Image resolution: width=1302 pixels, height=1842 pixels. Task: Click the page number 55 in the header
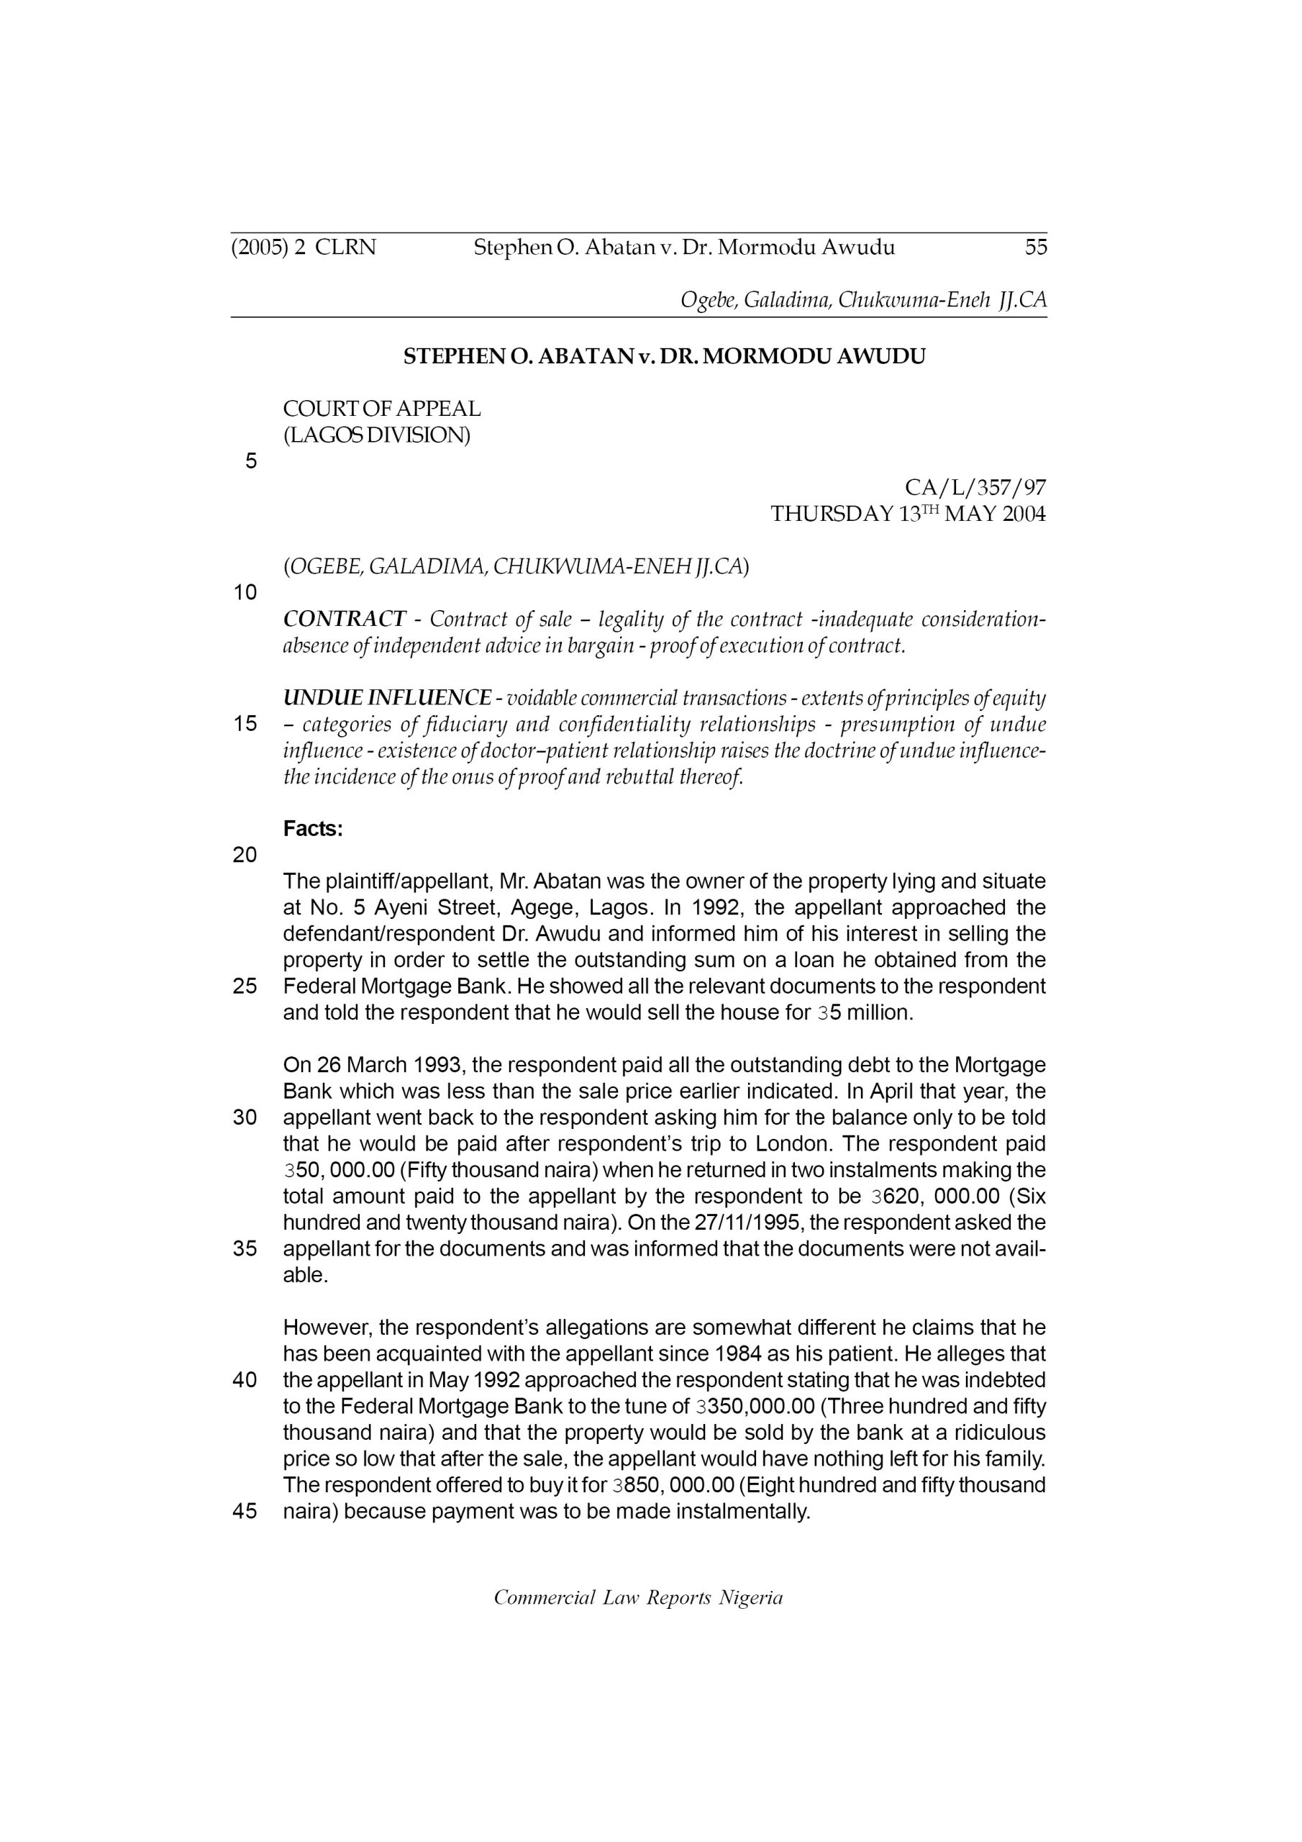(x=1036, y=247)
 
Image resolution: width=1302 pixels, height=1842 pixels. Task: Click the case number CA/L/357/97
(x=975, y=487)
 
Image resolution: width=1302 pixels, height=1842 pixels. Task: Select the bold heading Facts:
(x=313, y=829)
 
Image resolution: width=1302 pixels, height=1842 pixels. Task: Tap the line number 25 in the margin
(x=245, y=986)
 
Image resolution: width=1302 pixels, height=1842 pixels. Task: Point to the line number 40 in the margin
(x=245, y=1381)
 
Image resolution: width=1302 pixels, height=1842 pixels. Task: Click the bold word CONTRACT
(x=344, y=620)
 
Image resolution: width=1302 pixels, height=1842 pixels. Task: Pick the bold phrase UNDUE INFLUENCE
(x=387, y=698)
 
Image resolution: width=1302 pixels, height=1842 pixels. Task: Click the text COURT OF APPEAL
(x=382, y=409)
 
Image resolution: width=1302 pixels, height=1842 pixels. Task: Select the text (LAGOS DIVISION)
(x=376, y=435)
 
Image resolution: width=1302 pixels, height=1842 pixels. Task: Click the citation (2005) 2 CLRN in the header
(x=304, y=247)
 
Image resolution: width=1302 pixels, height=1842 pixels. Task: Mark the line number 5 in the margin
(x=251, y=461)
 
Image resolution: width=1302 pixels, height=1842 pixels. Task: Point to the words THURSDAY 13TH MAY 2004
(x=907, y=514)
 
